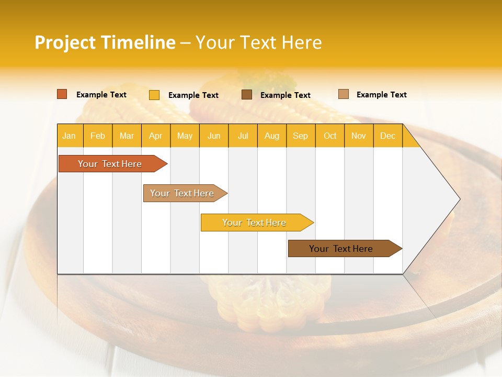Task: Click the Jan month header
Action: [70, 136]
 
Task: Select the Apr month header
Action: [156, 136]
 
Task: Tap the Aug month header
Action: [272, 136]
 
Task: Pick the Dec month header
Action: [388, 136]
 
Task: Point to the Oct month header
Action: [330, 136]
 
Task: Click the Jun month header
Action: [214, 136]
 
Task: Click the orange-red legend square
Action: [62, 94]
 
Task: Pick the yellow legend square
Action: [154, 95]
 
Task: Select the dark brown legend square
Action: [247, 94]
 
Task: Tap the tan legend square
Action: [344, 94]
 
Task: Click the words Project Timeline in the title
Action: [105, 42]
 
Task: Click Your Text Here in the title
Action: [259, 42]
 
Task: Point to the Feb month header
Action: [98, 136]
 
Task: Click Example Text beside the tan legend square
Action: [381, 95]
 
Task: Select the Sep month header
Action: [301, 136]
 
